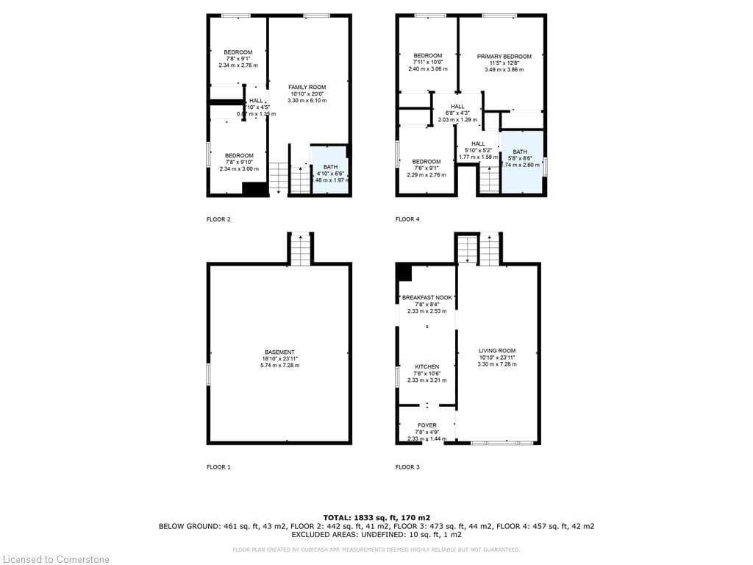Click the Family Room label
307,88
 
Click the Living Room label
497,351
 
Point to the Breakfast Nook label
427,298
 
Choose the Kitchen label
427,366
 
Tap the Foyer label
427,425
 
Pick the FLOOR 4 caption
407,219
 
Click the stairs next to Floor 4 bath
490,179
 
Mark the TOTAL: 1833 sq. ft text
376,517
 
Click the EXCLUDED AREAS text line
376,536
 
